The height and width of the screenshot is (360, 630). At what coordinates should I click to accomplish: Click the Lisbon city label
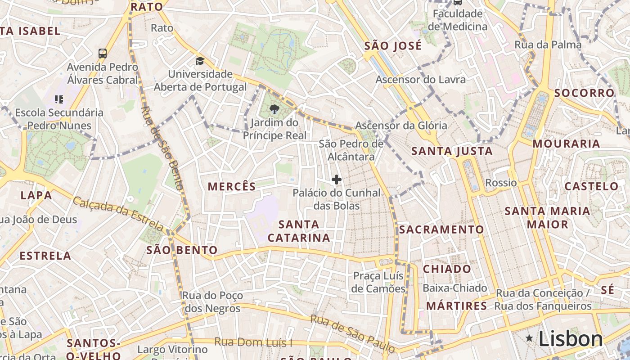coord(570,339)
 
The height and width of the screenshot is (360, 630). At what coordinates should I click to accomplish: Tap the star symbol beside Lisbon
coord(529,338)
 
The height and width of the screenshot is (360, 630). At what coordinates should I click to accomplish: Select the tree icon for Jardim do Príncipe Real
coord(274,109)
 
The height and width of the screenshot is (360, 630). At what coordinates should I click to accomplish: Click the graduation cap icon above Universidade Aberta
coord(199,61)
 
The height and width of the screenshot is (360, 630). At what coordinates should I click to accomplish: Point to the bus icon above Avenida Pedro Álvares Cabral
coord(103,53)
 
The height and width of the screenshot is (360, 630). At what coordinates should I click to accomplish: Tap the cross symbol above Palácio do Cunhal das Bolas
coord(336,180)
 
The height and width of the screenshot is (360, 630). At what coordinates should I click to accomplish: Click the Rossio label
coord(501,183)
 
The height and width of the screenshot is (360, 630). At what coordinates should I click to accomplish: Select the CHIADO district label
coord(447,269)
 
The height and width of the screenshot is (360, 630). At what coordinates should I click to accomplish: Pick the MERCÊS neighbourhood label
coord(232,186)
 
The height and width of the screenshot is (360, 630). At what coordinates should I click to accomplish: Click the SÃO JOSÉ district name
coord(393,45)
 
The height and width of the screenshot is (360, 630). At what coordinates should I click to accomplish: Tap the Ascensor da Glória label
coord(401,126)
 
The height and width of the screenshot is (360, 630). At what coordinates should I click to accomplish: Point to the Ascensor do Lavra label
coord(421,80)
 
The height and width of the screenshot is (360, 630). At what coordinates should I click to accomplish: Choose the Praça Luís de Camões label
coord(378,282)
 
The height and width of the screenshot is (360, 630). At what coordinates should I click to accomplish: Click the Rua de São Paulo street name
coord(352,333)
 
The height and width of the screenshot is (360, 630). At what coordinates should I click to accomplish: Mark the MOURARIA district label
coord(566,144)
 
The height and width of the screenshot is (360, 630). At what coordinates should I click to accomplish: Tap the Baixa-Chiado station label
coord(455,288)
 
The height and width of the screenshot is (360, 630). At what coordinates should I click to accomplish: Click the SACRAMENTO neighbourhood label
coord(441,229)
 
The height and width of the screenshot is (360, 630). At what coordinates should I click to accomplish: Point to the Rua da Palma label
coord(548,45)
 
